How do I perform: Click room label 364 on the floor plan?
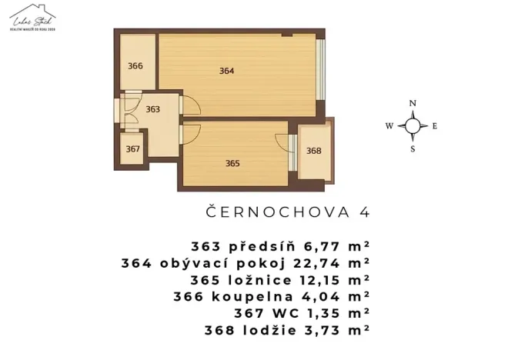[x=226, y=71]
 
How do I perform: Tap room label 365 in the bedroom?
[x=232, y=163]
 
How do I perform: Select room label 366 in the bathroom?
[x=135, y=65]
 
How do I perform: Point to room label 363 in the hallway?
[x=152, y=109]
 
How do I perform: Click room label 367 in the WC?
[x=133, y=149]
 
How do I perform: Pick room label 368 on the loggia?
[x=313, y=151]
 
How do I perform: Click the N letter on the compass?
[x=413, y=103]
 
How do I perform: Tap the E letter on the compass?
[x=435, y=125]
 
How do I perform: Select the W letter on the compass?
[x=389, y=125]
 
